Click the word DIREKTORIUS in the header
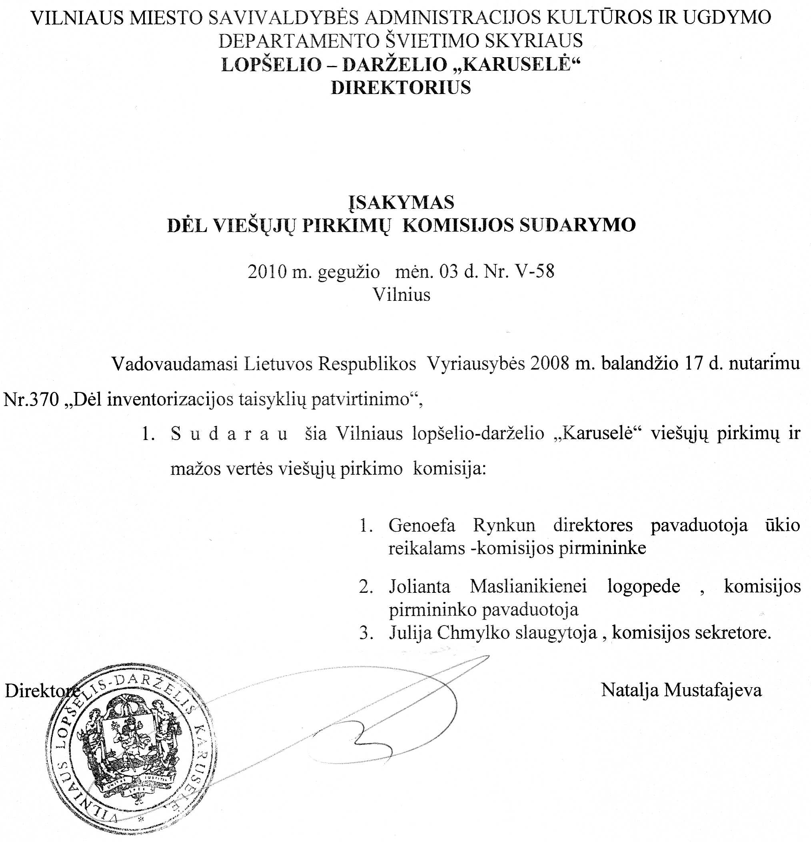click(401, 88)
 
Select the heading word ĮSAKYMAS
click(401, 202)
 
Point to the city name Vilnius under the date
click(401, 295)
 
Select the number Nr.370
click(31, 400)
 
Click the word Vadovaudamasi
click(175, 364)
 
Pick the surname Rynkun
click(504, 525)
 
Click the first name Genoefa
click(422, 525)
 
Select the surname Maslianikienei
click(528, 586)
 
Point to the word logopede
click(643, 586)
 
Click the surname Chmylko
click(473, 632)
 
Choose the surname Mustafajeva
click(713, 690)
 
